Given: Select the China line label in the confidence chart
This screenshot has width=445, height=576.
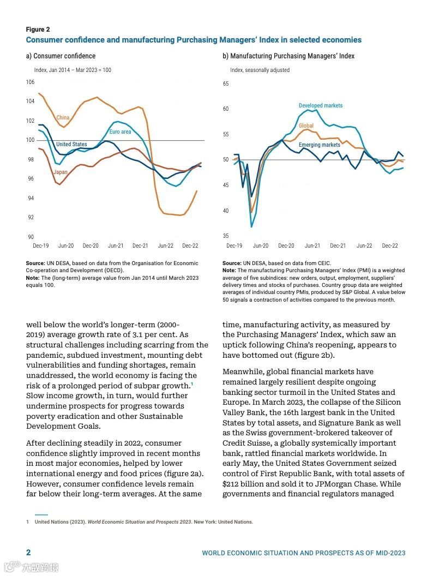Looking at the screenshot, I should click(x=63, y=117).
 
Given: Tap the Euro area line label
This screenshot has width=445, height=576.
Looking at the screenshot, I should click(x=120, y=132).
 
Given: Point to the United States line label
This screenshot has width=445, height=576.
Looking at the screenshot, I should click(x=71, y=145).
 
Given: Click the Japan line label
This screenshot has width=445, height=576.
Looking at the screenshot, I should click(x=61, y=172).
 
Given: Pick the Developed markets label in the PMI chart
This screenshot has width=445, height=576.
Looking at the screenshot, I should click(x=321, y=105).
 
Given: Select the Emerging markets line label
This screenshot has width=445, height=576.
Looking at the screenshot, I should click(x=320, y=145).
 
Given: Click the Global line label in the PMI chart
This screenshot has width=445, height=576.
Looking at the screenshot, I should click(x=306, y=126).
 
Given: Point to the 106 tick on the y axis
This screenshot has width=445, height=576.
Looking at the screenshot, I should click(x=30, y=82).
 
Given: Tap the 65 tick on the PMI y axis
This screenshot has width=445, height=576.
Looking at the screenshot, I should click(x=226, y=83).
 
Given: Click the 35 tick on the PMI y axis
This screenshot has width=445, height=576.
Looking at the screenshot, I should click(x=226, y=236).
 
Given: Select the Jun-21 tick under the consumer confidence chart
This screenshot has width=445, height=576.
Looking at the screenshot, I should click(x=115, y=246).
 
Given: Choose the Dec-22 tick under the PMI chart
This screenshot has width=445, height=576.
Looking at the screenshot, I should click(x=389, y=246).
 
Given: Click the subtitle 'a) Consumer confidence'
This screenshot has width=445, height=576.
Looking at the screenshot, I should click(x=61, y=56).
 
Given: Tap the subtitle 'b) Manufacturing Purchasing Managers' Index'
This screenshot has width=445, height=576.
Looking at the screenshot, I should click(x=288, y=56).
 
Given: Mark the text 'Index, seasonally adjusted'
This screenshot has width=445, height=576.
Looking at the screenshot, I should click(x=260, y=70).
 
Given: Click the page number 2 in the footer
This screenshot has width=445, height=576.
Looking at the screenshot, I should click(x=28, y=553).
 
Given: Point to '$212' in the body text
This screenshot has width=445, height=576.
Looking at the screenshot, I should click(x=232, y=484).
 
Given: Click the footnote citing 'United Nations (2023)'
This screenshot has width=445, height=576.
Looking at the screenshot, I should click(x=143, y=522).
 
